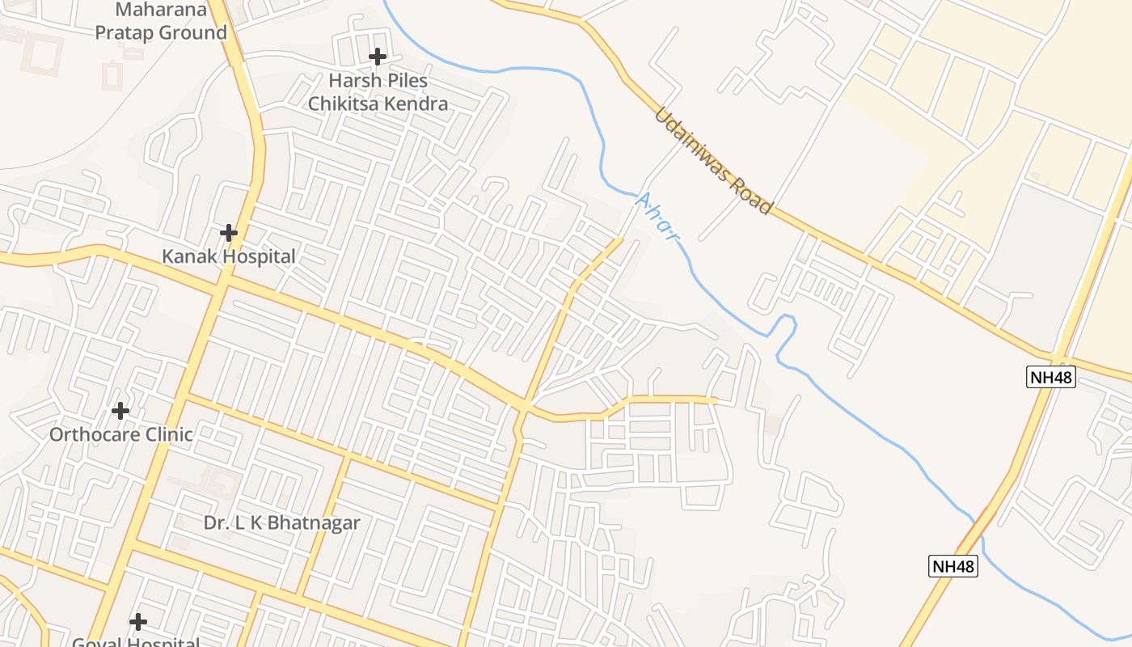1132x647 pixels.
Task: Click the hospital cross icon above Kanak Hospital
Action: (229, 233)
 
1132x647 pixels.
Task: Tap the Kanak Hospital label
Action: (229, 257)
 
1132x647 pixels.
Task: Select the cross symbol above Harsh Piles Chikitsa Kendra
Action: (377, 57)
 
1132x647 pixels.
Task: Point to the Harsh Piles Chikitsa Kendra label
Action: (378, 92)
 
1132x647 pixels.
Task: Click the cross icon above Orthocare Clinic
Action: (120, 411)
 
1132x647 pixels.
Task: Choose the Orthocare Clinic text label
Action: (121, 434)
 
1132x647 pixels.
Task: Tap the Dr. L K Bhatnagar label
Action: (281, 522)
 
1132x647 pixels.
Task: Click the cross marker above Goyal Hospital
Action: (138, 622)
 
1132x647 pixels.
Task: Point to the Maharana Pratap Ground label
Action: (162, 22)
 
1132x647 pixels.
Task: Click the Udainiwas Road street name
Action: (713, 162)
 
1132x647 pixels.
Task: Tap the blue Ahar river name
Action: (657, 217)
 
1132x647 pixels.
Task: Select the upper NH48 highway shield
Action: (1051, 377)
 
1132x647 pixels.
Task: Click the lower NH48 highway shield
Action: (953, 566)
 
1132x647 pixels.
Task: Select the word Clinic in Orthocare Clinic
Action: (166, 434)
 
